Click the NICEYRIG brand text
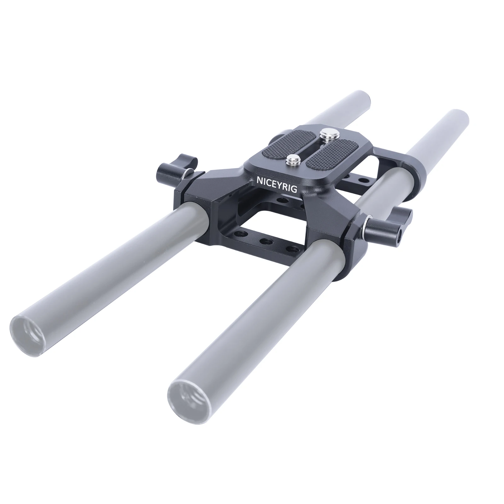(x=277, y=185)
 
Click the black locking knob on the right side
(x=391, y=225)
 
